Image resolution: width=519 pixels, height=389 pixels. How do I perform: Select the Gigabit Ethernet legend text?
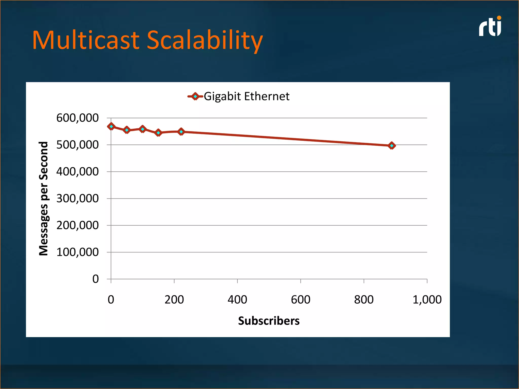[x=246, y=96]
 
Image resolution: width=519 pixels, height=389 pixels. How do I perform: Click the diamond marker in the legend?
[x=195, y=96]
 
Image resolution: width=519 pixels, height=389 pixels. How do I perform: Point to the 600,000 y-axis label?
[x=77, y=118]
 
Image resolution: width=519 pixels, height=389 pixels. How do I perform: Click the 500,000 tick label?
[x=77, y=145]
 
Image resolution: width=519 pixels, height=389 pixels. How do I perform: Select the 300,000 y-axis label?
[x=77, y=199]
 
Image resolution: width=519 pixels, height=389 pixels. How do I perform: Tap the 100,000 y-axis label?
[x=77, y=252]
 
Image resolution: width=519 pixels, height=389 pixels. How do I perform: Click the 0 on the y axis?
[x=96, y=279]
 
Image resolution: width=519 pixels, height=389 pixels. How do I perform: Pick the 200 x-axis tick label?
[x=174, y=300]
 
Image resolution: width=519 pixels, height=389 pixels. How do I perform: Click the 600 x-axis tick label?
[x=301, y=300]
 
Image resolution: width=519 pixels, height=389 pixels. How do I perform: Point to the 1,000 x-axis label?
[x=427, y=300]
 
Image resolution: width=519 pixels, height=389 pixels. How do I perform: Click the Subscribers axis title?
[x=269, y=321]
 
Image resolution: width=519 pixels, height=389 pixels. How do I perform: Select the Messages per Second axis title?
[x=44, y=199]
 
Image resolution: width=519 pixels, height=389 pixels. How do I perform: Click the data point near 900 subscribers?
[x=392, y=146]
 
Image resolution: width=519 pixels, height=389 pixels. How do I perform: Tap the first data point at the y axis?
[x=111, y=126]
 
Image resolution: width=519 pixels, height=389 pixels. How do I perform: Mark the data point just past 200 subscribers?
[x=181, y=132]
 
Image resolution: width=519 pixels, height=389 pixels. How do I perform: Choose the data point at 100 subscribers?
[x=143, y=129]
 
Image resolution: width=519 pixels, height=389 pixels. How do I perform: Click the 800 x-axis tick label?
[x=364, y=300]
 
